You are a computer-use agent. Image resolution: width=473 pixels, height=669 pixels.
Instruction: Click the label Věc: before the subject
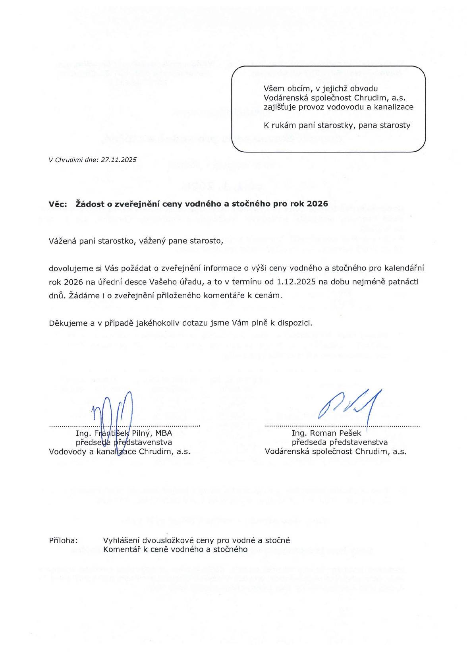coord(58,204)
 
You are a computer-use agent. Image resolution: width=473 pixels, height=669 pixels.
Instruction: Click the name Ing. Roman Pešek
coord(326,433)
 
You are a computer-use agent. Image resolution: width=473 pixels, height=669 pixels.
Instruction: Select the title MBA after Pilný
coord(164,433)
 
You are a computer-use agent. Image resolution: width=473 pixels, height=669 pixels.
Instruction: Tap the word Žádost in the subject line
coord(90,204)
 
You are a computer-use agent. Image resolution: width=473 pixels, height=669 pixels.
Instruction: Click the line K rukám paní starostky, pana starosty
coord(337,126)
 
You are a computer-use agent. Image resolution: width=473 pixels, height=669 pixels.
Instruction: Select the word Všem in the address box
coord(273,89)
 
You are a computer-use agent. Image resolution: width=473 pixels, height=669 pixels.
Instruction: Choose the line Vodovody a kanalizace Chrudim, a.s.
coord(120,451)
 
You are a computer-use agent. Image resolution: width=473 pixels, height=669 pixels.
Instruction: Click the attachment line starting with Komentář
coord(175,549)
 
